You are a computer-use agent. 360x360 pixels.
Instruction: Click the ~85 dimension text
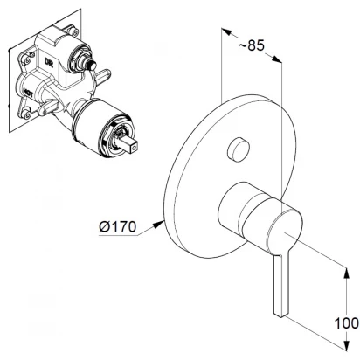[252, 45]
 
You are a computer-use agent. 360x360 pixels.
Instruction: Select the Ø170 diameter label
[117, 226]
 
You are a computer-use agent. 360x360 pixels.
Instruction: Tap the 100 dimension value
[346, 323]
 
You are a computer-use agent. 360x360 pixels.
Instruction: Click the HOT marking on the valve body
[28, 92]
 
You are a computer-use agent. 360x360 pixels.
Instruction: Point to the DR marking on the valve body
[48, 62]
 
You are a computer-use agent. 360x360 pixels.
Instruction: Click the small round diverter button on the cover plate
[238, 149]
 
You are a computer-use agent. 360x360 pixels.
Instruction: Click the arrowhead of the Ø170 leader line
[159, 224]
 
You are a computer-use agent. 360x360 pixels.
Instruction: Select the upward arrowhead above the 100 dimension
[346, 273]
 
